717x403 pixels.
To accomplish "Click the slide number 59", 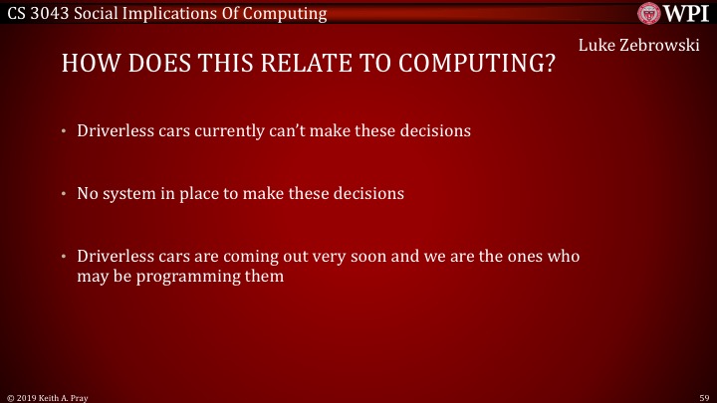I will [x=702, y=396].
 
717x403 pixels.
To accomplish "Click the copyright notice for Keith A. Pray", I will [x=50, y=396].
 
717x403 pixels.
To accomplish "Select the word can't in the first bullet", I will [x=292, y=130].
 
